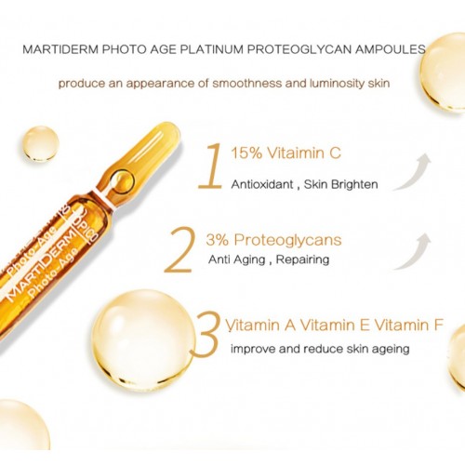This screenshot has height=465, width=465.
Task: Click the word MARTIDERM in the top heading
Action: click(60, 49)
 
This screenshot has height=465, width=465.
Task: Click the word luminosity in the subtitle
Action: click(337, 84)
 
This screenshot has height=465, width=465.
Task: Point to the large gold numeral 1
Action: click(211, 166)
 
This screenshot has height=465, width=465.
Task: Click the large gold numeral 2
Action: click(180, 250)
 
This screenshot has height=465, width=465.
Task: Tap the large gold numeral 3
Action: click(206, 333)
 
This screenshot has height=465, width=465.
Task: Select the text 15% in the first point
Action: click(246, 153)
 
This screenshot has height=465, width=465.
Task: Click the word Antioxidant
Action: click(262, 184)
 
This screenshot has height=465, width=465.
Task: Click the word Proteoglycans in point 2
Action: click(287, 240)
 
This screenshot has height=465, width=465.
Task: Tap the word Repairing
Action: click(302, 259)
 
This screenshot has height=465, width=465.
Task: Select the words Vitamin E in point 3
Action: click(335, 325)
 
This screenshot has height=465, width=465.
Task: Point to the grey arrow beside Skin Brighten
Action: click(416, 172)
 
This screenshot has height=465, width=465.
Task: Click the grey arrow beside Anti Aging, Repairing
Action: click(416, 252)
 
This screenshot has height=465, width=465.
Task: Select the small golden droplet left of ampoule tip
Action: click(41, 144)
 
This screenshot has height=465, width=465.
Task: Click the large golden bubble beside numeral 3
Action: click(142, 339)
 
